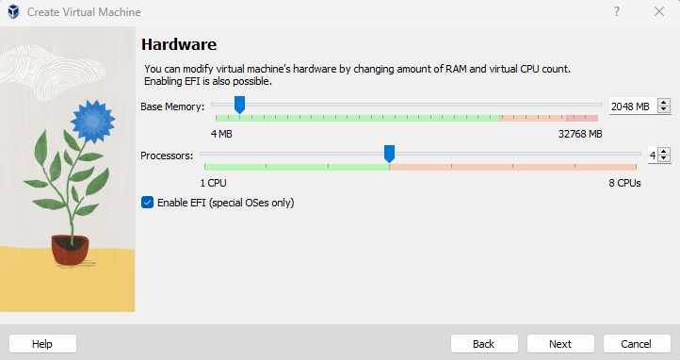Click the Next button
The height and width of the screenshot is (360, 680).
pyautogui.click(x=560, y=344)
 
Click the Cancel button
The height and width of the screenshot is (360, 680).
pyautogui.click(x=637, y=344)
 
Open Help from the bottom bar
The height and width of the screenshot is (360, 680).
pyautogui.click(x=42, y=344)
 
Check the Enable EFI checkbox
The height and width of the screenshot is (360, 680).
pyautogui.click(x=147, y=202)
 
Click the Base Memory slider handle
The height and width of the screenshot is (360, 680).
pyautogui.click(x=239, y=105)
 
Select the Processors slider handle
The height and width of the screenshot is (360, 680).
pyautogui.click(x=389, y=154)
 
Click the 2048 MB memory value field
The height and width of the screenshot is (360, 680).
pyautogui.click(x=630, y=106)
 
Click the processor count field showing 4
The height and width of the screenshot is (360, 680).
pyautogui.click(x=651, y=155)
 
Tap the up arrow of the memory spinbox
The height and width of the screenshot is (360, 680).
pyautogui.click(x=664, y=103)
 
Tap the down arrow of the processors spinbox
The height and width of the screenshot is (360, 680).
pyautogui.click(x=664, y=158)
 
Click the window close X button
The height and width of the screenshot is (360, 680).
pyautogui.click(x=659, y=11)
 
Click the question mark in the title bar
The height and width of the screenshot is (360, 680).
pyautogui.click(x=617, y=11)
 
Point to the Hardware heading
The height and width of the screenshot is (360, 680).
pyautogui.click(x=179, y=44)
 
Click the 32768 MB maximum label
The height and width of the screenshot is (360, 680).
pyautogui.click(x=580, y=134)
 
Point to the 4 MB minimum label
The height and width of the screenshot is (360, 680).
pyautogui.click(x=221, y=134)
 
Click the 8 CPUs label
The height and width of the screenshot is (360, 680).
pyautogui.click(x=623, y=182)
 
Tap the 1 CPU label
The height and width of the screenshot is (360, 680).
pyautogui.click(x=213, y=182)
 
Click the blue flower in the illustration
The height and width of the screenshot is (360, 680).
pyautogui.click(x=91, y=120)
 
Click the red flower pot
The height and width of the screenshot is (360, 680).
pyautogui.click(x=70, y=249)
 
